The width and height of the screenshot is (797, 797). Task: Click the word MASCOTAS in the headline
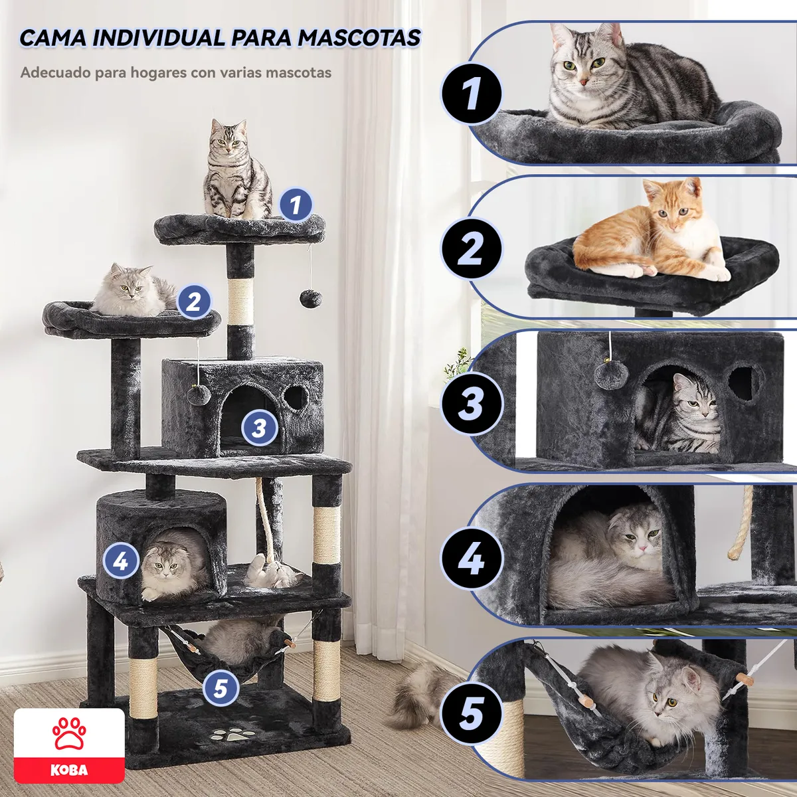pos(359,38)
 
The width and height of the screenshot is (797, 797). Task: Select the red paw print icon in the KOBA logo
pos(69,733)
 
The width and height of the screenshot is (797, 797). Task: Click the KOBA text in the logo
pos(69,770)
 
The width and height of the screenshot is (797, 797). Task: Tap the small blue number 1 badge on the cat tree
pos(296,204)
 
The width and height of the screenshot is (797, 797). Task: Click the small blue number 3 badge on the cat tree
pos(259,428)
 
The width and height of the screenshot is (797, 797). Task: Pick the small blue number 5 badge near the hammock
pos(221,687)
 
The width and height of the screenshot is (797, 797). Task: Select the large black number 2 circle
pos(471,249)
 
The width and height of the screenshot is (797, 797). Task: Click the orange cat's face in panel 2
pos(677,213)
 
